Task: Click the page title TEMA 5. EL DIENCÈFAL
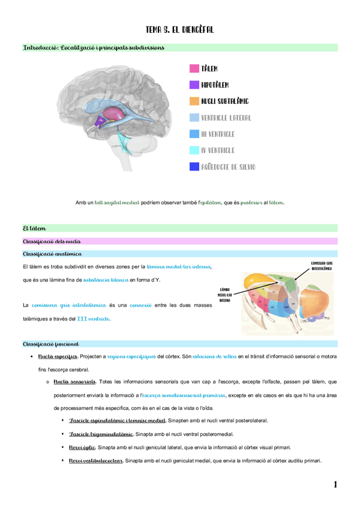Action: pos(180,29)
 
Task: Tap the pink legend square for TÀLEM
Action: pos(194,68)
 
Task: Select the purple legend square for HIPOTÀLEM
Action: pos(194,85)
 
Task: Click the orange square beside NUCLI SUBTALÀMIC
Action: pos(194,101)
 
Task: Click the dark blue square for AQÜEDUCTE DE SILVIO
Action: pos(194,167)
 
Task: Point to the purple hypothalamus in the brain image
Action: pos(100,121)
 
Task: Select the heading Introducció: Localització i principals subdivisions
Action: pos(94,47)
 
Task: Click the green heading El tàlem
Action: pos(34,228)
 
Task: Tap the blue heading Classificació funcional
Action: pos(50,344)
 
